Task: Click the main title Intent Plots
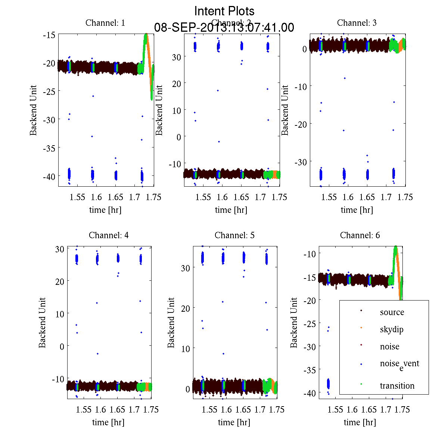coord(224,11)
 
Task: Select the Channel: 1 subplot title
coord(105,23)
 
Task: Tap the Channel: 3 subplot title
coord(357,23)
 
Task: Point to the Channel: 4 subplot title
coord(109,235)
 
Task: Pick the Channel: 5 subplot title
coord(234,235)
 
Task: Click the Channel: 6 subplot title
coord(360,235)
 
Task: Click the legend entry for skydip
coord(392,329)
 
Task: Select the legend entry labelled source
coord(392,312)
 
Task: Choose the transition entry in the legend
coord(397,386)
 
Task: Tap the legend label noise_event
coord(399,364)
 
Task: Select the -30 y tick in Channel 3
coord(301,162)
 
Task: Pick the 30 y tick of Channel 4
coord(60,249)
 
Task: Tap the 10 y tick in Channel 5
coord(186,349)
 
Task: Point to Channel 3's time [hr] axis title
coord(357,210)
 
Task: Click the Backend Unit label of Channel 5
coord(171,323)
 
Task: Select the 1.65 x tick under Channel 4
coord(117,410)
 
